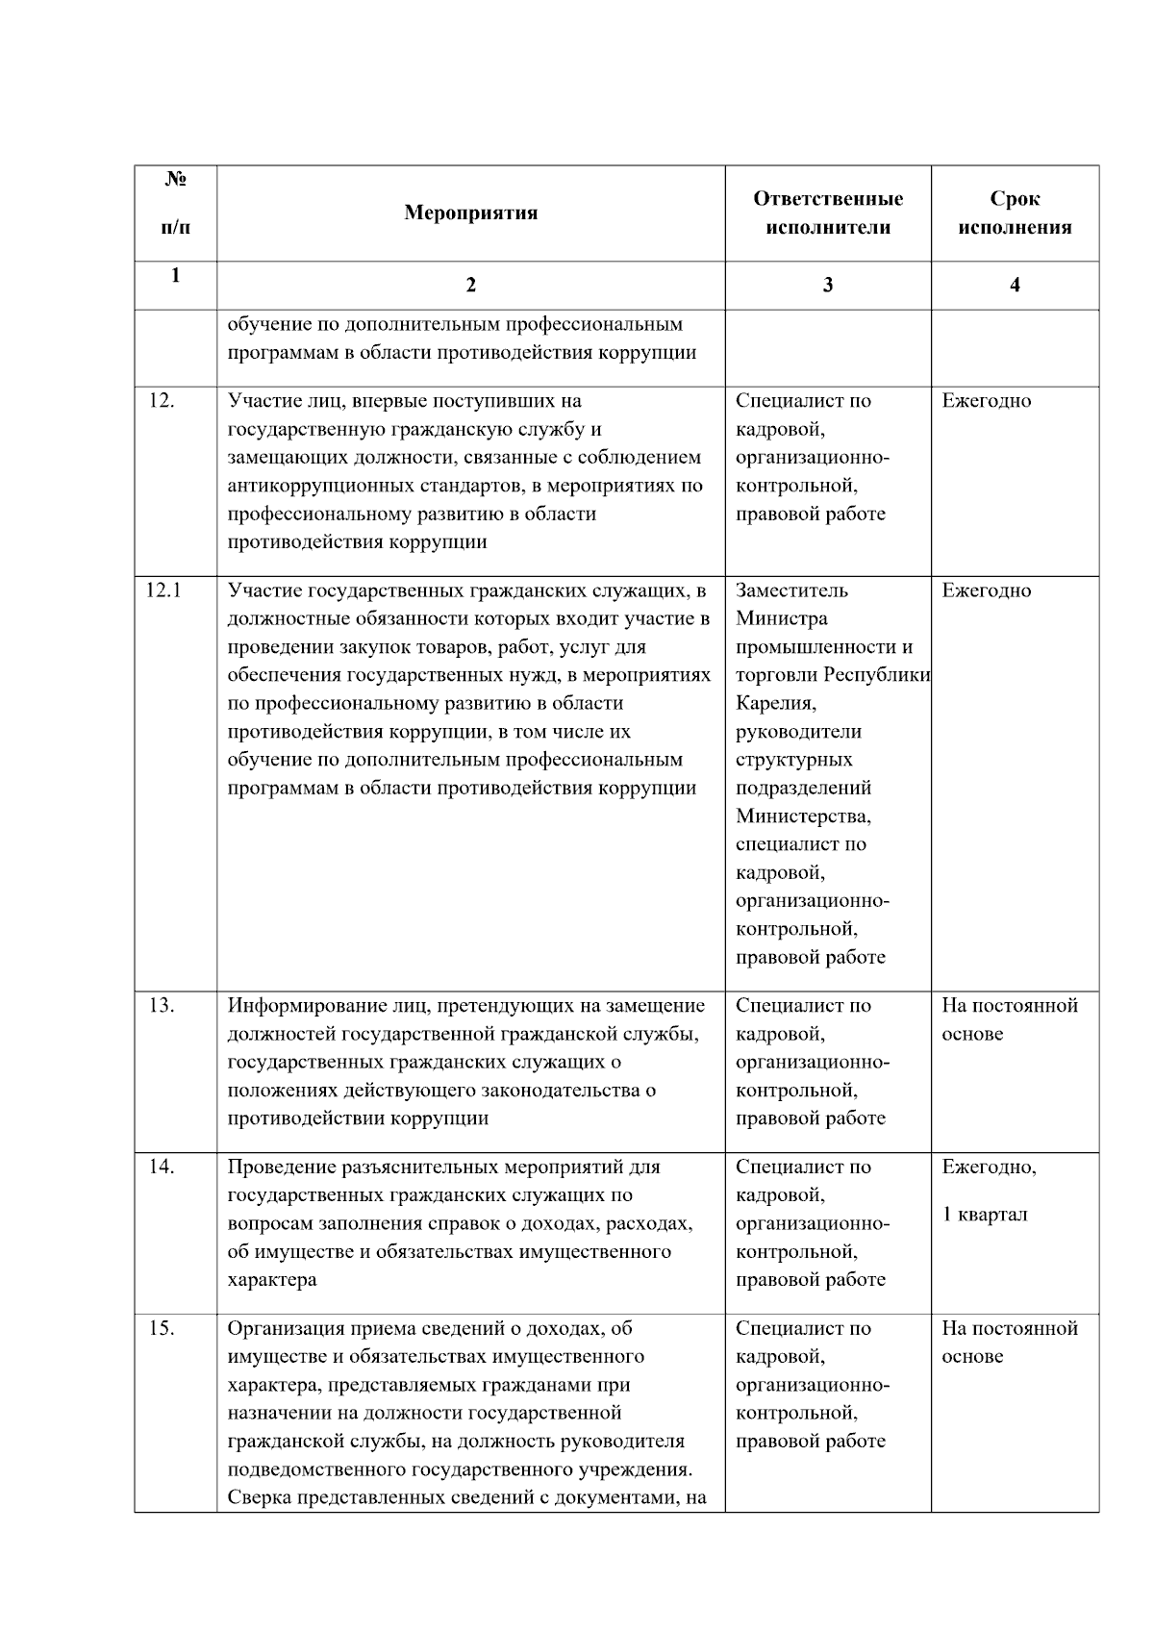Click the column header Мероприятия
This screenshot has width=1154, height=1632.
[470, 213]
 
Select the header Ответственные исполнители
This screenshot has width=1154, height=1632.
[827, 213]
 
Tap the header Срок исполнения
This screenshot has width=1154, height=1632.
[1015, 213]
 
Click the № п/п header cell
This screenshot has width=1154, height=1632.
[175, 203]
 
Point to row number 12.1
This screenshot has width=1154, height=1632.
[163, 590]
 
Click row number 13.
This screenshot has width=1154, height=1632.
[161, 1005]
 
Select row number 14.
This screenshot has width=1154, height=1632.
[161, 1167]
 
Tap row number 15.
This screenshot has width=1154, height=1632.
[161, 1328]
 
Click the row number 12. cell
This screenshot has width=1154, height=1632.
[161, 400]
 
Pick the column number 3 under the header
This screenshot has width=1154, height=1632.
[827, 285]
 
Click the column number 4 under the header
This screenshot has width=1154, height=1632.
[1015, 285]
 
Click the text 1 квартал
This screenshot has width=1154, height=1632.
[985, 1214]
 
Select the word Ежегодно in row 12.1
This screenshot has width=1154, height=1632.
[986, 590]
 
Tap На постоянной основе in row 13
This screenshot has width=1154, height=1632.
[1009, 1018]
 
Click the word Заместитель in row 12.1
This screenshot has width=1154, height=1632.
[791, 590]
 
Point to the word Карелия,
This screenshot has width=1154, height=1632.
[776, 703]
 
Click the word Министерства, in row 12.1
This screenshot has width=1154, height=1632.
[803, 816]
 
